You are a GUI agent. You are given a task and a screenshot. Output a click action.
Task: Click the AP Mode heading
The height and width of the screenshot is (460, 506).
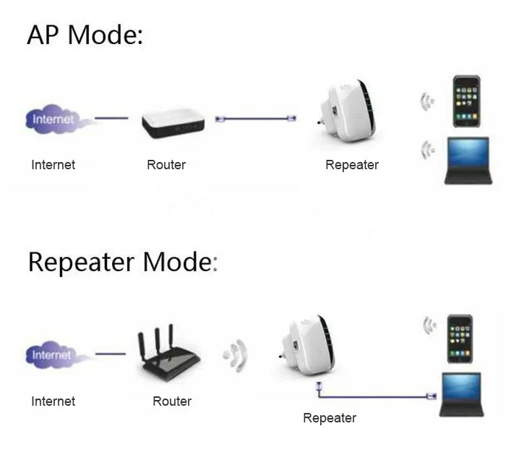click(85, 34)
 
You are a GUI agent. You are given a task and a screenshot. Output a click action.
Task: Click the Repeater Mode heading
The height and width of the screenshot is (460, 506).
click(121, 262)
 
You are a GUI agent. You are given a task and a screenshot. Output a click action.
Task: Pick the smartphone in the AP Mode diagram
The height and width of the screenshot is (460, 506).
click(465, 101)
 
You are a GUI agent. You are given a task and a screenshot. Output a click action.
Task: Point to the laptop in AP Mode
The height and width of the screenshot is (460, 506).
click(467, 161)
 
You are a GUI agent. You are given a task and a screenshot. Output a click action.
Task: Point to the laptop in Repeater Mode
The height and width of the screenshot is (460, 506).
click(461, 394)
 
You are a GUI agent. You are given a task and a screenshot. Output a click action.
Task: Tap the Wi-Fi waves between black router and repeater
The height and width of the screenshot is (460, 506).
click(236, 355)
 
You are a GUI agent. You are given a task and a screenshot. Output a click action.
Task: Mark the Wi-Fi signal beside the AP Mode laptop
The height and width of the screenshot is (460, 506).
click(429, 150)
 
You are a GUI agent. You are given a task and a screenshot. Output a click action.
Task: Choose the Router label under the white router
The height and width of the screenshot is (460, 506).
click(166, 165)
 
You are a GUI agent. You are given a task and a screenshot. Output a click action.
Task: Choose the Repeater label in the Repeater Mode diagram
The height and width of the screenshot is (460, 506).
click(330, 418)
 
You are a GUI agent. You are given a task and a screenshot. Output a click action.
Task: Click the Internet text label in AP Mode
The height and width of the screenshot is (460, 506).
click(53, 165)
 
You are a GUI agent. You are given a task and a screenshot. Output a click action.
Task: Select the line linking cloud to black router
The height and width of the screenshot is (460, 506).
click(111, 354)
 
